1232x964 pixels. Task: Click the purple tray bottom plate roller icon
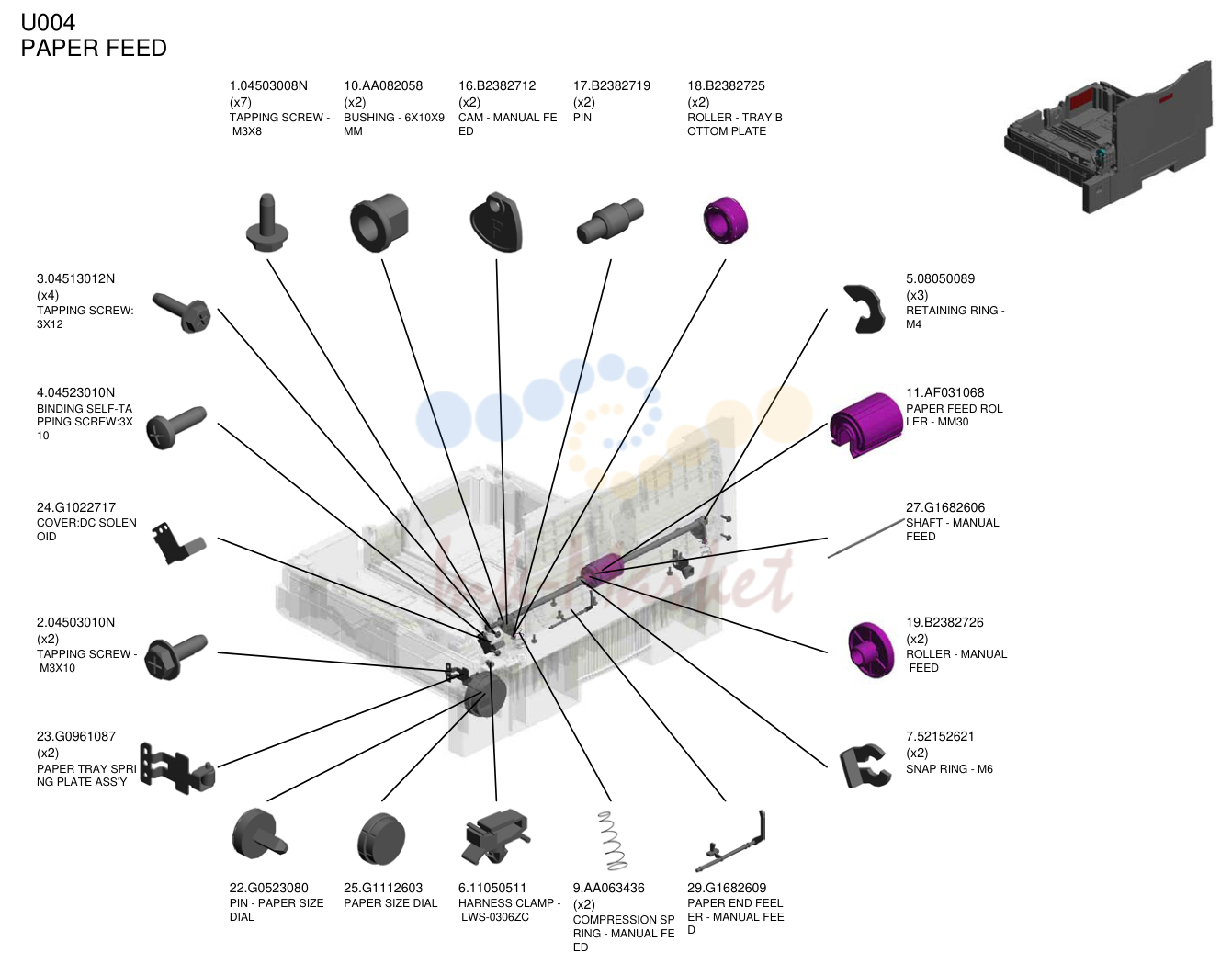[x=725, y=220]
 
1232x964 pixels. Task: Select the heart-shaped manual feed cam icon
[x=496, y=221]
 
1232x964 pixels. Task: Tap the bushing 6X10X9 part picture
[x=379, y=221]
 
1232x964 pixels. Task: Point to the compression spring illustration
[x=612, y=840]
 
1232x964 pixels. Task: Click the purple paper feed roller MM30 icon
[x=865, y=423]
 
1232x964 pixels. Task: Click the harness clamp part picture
[x=496, y=836]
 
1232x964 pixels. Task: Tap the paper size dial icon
[x=381, y=839]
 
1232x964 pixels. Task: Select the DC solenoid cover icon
[x=177, y=543]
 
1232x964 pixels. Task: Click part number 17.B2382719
[x=611, y=85]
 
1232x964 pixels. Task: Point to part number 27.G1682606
[x=945, y=507]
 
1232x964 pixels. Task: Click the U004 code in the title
[x=48, y=23]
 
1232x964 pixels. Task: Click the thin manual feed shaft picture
[x=865, y=539]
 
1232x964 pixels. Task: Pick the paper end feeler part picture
[x=731, y=842]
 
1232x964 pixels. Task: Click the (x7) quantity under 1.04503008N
[x=241, y=102]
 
